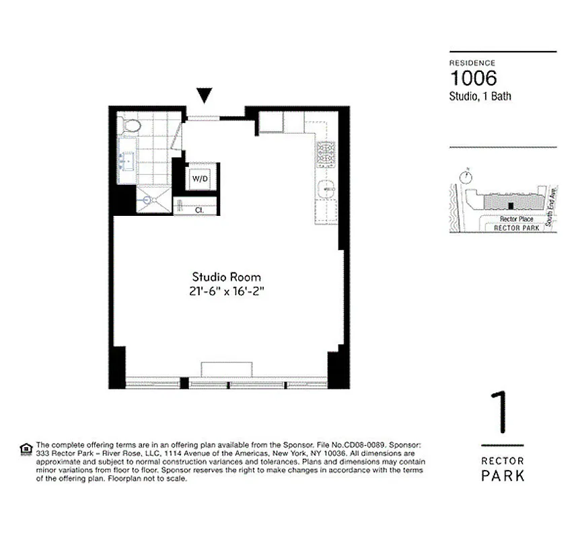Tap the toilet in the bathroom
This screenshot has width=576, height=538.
(132, 124)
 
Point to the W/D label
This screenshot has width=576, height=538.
(200, 180)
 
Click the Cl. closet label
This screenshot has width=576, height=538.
(199, 210)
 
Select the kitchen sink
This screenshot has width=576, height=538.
(327, 190)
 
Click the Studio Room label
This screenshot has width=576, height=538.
(226, 277)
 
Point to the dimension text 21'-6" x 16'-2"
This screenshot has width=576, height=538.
(226, 292)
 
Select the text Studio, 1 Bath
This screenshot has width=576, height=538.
(480, 97)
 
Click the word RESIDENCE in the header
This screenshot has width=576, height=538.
(472, 63)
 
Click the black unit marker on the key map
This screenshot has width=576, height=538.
(511, 206)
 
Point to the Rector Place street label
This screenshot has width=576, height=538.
(516, 219)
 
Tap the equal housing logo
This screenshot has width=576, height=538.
(26, 449)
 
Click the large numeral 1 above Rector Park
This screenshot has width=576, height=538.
(499, 413)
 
